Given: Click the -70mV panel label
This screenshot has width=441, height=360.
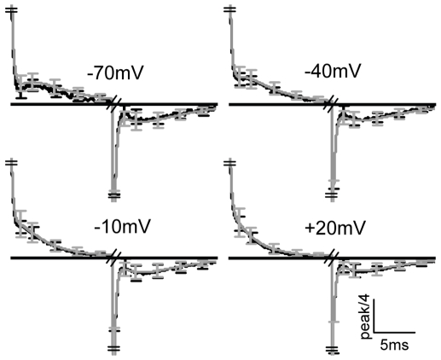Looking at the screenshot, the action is point(116,73).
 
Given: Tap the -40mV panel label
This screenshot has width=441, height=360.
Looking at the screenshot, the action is point(333,70).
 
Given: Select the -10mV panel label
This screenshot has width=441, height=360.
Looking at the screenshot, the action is point(122,226).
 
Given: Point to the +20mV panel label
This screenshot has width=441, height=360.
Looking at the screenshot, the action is point(334,228).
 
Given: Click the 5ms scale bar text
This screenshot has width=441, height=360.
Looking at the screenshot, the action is point(394,345).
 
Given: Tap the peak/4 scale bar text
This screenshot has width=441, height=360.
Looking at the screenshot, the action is point(366,316).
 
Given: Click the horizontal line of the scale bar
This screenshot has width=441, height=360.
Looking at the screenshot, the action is point(394,332).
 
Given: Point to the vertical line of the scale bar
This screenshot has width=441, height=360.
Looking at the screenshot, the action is point(374,316).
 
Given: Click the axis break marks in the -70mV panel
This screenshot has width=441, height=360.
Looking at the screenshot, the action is point(114,104).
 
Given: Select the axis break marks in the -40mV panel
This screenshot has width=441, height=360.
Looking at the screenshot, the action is point(332,104).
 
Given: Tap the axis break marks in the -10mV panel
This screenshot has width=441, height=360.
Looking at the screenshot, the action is point(114,258).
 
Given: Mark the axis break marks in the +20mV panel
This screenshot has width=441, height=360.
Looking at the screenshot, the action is point(332,258).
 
